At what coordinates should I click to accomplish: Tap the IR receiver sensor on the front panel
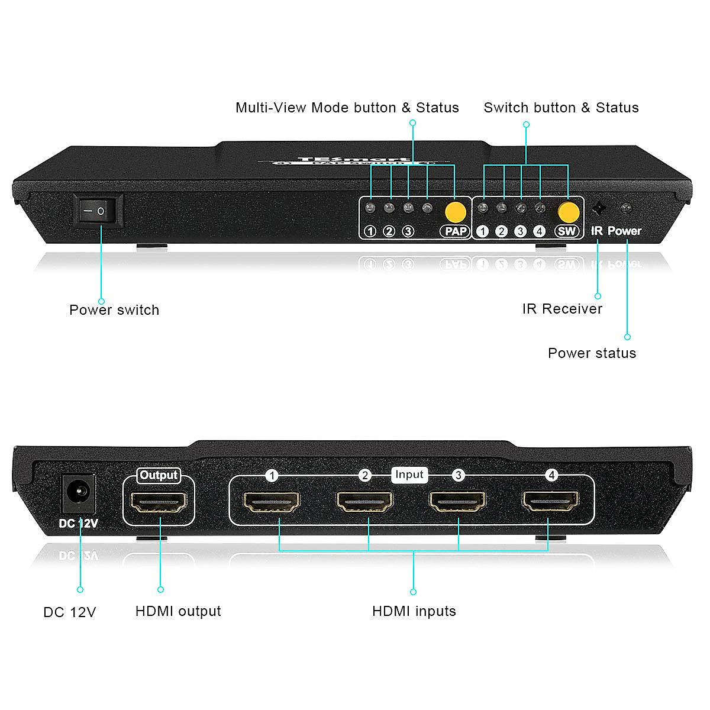(599, 209)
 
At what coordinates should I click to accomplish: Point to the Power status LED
(625, 208)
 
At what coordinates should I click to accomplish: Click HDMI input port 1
(272, 502)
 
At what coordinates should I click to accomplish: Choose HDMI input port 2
(364, 502)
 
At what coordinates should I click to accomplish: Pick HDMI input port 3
(458, 502)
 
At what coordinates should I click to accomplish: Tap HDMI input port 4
(551, 502)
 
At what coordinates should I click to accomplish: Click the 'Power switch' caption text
(114, 310)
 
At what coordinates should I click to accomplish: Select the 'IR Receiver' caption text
(562, 309)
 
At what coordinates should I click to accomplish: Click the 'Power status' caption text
(592, 353)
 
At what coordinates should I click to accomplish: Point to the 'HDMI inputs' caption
(414, 611)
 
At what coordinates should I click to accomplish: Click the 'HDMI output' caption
(178, 611)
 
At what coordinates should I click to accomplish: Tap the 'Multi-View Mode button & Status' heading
(347, 108)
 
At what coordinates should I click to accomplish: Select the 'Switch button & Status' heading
(561, 108)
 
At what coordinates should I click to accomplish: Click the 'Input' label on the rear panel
(409, 475)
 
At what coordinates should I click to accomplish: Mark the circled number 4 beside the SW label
(539, 231)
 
